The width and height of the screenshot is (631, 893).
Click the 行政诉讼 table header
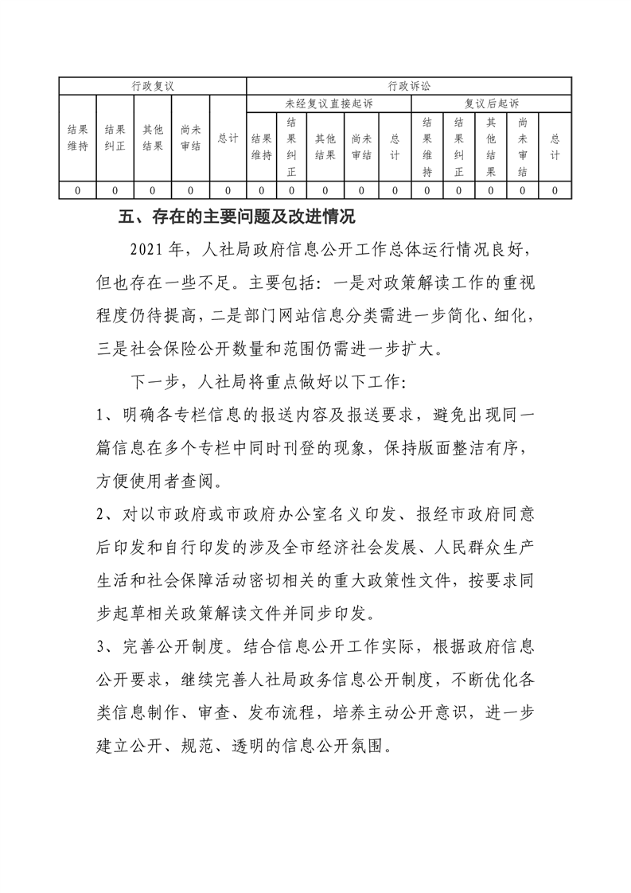coord(409,85)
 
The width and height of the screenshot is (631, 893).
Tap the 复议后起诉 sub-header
coord(491,103)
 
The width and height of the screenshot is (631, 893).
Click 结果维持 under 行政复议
coord(77,138)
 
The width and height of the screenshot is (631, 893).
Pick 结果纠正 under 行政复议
coord(115,138)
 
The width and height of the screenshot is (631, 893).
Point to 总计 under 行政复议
coord(228,138)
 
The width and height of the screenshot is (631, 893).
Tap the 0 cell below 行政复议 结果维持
coord(77,190)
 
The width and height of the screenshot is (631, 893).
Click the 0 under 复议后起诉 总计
coord(555,190)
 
